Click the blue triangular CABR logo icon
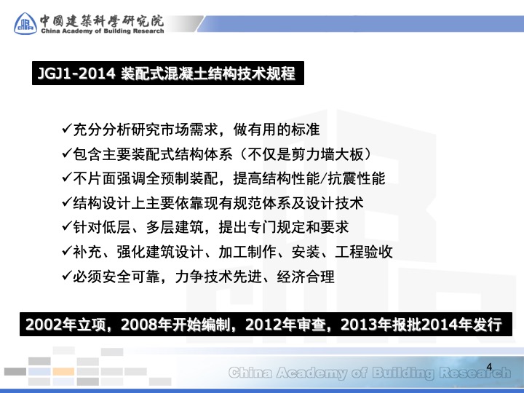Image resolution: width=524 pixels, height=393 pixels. pos(25,23)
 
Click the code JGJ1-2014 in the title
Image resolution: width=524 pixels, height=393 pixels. pos(76,74)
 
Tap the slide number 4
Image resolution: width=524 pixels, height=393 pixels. pos(489,367)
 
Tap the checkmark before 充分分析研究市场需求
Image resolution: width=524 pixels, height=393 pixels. pos(67,129)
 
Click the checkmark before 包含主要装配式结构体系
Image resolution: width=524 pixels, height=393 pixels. pos(67,154)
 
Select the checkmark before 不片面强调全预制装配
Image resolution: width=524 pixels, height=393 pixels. pos(67,178)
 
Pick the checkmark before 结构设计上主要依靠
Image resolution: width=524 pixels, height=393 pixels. pos(67,202)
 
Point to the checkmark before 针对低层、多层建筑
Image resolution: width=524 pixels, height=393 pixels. pos(67,226)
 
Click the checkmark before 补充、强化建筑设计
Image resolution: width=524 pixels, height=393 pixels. pos(67,251)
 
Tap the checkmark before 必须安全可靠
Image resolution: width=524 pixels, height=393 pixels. pos(67,276)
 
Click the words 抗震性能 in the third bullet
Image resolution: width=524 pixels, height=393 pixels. pos(356,178)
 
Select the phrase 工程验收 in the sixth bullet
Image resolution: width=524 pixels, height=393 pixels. pos(364,252)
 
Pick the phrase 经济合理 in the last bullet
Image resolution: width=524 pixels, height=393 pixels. pos(306,277)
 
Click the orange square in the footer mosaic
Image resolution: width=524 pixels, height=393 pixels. pos(63,371)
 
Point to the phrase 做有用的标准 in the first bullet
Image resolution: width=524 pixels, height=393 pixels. pos(277,130)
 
